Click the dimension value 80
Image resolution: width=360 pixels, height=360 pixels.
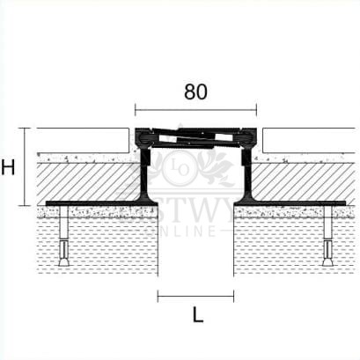[x=197, y=90]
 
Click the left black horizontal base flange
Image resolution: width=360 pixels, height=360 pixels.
[x=97, y=202]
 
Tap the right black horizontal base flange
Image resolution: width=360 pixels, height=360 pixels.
[x=295, y=202]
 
